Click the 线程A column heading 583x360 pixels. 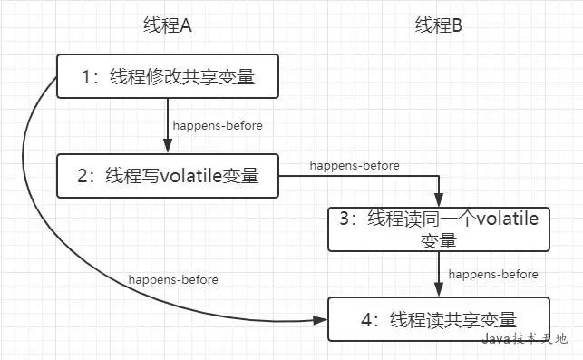click(168, 25)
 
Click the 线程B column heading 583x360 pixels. click(438, 25)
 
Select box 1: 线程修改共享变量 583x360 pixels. click(168, 77)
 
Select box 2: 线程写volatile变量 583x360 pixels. click(168, 176)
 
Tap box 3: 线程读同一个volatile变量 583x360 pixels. click(439, 229)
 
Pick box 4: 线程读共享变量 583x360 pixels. click(439, 319)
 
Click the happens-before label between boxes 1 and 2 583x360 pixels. click(218, 125)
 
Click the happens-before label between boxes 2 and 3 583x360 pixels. click(355, 165)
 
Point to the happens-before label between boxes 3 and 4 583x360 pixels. click(493, 273)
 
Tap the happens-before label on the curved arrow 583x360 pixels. click(173, 279)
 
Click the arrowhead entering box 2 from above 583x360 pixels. click(168, 148)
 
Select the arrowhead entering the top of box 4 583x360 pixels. click(439, 290)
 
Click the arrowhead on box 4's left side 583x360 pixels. click(321, 320)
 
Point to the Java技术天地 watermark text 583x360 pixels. click(524, 338)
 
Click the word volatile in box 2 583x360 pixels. click(191, 176)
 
